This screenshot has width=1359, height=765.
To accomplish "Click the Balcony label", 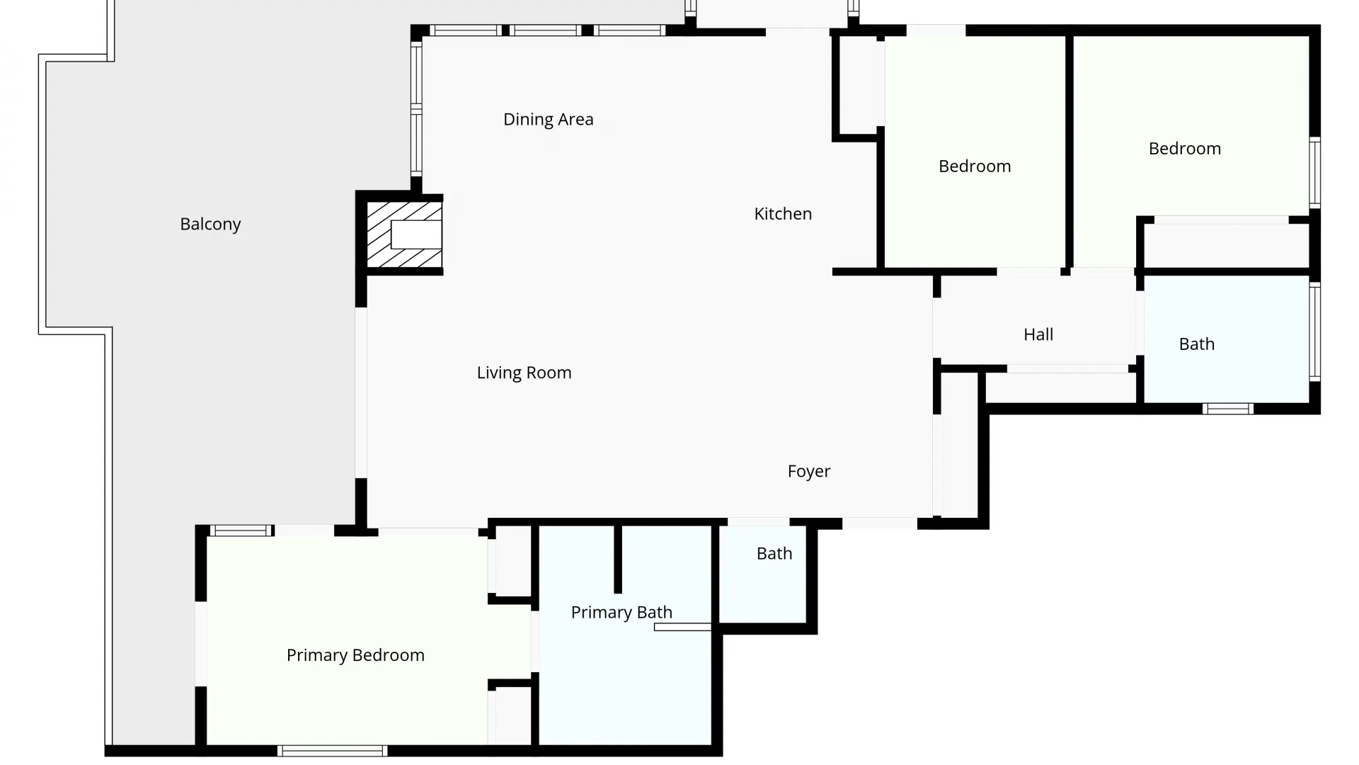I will [x=210, y=224].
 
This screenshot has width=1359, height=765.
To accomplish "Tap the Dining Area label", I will [x=548, y=119].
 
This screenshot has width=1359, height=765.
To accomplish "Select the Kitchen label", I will [x=783, y=213].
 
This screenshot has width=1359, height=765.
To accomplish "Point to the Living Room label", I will [x=524, y=373].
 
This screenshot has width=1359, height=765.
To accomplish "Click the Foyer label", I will [x=808, y=471].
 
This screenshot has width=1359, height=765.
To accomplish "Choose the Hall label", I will [x=1038, y=334].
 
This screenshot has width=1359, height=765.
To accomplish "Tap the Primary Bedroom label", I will [x=355, y=655].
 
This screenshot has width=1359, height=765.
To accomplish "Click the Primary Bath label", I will [x=621, y=612].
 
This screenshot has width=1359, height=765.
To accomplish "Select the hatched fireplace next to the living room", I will [x=404, y=234].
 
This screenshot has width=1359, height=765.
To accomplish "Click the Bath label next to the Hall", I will [x=1196, y=344].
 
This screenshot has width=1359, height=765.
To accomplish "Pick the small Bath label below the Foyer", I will [x=774, y=553].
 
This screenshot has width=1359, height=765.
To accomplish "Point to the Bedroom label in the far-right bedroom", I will [x=1184, y=149].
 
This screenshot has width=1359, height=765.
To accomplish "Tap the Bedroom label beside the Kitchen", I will [x=975, y=166].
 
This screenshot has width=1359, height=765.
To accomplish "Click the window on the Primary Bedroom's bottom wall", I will [x=332, y=750].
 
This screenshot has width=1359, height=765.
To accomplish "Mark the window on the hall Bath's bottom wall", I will [x=1227, y=409].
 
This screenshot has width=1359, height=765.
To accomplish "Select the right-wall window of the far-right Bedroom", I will [x=1314, y=172].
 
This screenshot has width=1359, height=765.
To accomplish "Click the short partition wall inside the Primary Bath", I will [x=618, y=559].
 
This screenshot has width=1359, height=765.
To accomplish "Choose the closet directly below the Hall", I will [x=1060, y=387].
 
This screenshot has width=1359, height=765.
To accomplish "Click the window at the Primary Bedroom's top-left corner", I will [x=241, y=531].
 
